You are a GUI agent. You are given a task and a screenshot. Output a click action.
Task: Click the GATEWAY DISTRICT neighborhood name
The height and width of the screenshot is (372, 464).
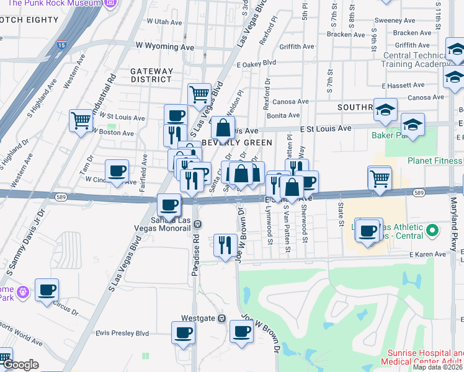[151, 75]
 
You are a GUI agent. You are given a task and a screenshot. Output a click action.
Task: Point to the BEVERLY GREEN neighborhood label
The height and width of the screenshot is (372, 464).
[237, 143]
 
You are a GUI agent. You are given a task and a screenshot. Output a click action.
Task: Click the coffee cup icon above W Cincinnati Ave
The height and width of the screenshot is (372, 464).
[117, 171]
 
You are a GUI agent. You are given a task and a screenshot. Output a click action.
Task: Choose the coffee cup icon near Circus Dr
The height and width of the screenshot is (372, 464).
[47, 290]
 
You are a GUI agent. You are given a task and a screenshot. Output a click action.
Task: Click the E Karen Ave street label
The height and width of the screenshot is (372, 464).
[427, 254]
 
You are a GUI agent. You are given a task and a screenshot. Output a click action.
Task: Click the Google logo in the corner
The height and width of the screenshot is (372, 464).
[20, 365]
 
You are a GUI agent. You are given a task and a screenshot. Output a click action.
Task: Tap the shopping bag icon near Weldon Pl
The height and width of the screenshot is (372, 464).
[223, 128]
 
